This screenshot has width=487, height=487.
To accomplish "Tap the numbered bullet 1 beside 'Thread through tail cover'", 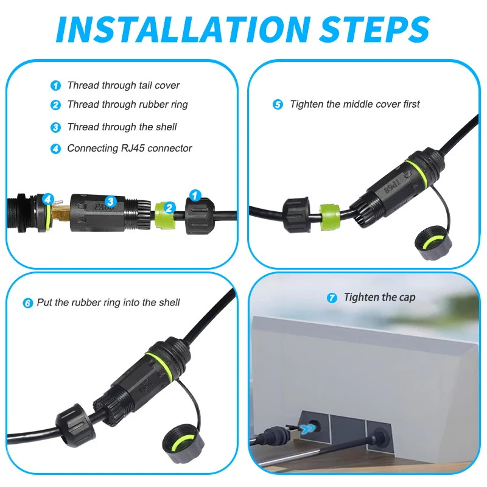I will pos(55,86).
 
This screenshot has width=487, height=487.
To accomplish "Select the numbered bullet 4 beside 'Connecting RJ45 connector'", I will pos(55,149).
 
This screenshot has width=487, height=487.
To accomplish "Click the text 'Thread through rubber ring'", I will pos(127,105).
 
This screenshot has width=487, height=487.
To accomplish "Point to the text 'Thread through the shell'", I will pos(122,127).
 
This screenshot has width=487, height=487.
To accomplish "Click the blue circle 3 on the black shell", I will pos(110,201).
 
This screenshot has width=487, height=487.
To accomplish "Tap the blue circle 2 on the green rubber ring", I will pos(170,208).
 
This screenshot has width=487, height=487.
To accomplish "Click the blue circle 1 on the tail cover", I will pos(195,195).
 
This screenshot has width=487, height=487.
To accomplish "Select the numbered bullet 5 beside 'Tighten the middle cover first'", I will pos(278,105).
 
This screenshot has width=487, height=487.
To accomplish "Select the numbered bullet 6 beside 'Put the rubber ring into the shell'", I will pos(28,303).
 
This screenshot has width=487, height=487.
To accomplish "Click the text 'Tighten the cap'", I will pos(379,298).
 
